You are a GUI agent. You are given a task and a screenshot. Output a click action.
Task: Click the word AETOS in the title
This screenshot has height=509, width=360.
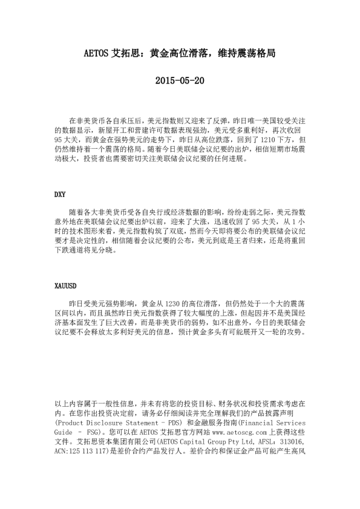point(96,53)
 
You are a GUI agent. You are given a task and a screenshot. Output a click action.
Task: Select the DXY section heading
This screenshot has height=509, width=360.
point(60,195)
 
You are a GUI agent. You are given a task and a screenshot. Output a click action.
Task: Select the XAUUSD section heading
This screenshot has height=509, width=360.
point(66,284)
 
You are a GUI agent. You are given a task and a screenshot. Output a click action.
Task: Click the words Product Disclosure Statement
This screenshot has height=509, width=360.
point(108,423)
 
